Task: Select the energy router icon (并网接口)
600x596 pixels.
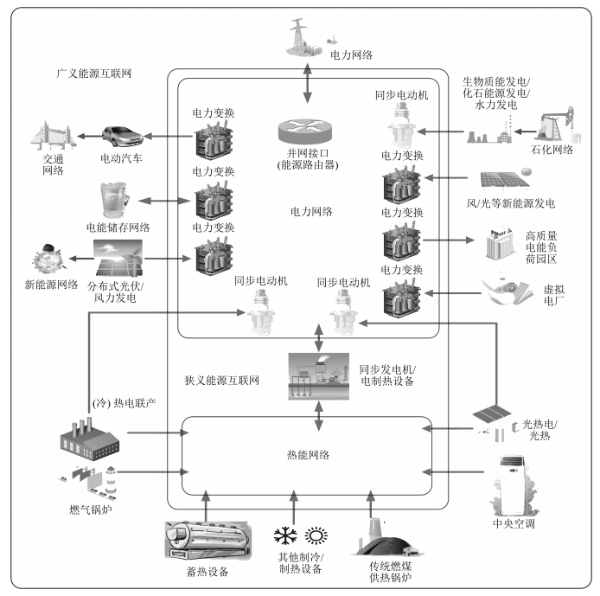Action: [x=305, y=131]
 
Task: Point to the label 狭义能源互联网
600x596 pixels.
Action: [x=223, y=380]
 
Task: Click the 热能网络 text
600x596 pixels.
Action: [x=308, y=453]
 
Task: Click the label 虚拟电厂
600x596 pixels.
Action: [x=551, y=298]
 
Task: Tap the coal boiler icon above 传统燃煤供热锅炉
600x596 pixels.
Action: [x=383, y=536]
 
